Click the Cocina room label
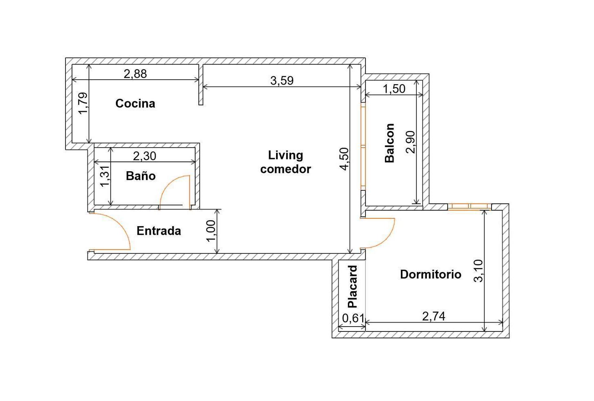coord(135,103)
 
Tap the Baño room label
coord(141,176)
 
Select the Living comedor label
coord(285,162)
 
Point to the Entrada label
coord(159,231)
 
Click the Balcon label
coord(389,143)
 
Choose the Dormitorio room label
coord(431,274)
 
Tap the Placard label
coord(352,286)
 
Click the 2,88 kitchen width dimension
coord(135,74)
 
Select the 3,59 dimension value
coord(282,81)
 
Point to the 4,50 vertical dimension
coord(344,159)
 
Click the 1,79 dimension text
coord(83,104)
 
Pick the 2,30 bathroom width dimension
coord(145,156)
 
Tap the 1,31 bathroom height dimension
coord(105,177)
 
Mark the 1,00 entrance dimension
coord(211,231)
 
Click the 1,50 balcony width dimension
coord(394,89)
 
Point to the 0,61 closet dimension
coord(352,318)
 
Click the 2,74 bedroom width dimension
coord(433,316)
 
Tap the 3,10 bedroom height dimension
coord(479,270)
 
